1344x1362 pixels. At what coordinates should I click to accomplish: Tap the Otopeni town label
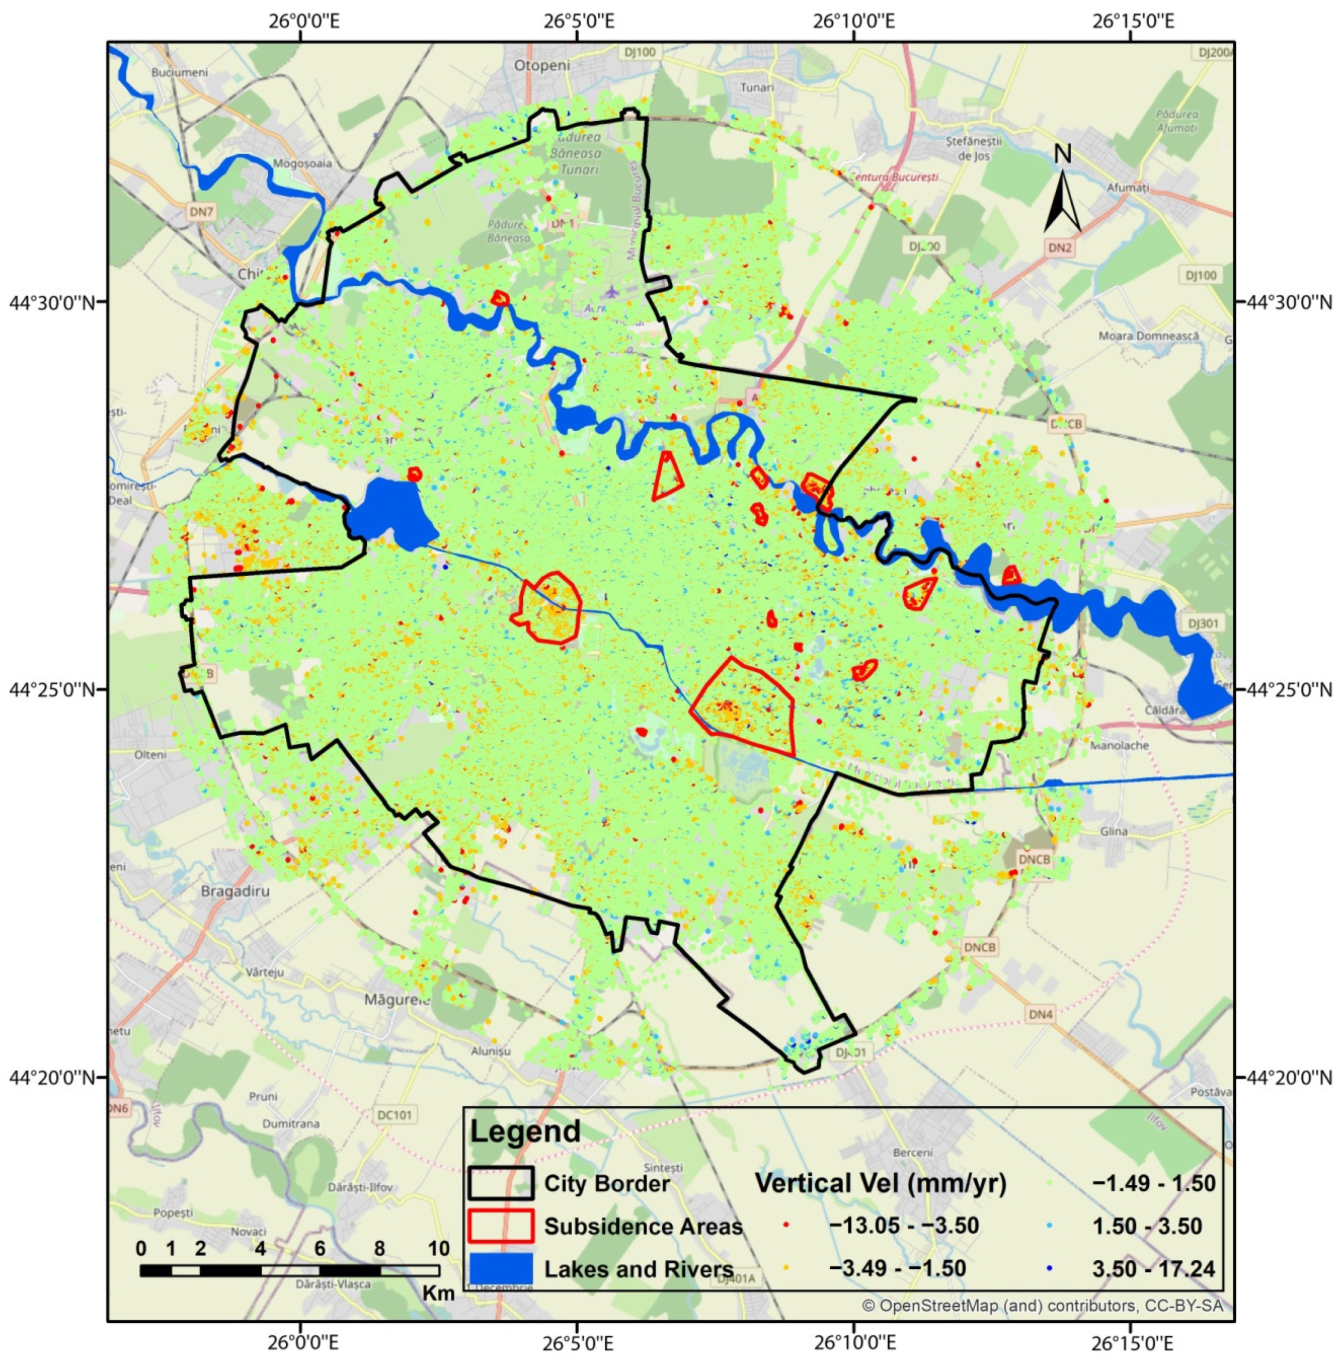tap(542, 66)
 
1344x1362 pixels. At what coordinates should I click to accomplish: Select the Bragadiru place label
tap(235, 891)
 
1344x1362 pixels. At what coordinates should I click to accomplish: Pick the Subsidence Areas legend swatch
tap(500, 1226)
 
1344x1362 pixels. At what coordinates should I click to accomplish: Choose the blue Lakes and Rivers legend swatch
tap(500, 1269)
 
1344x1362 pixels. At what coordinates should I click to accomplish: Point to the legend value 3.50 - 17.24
tap(1153, 1269)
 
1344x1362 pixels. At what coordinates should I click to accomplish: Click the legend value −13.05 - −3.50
tap(904, 1226)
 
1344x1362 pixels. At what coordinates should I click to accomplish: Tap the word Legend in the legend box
tap(525, 1131)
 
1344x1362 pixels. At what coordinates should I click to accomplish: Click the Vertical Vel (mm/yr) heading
tap(880, 1183)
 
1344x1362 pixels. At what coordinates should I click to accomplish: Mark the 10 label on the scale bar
tap(438, 1248)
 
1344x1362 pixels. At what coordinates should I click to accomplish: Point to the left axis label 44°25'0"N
tap(52, 689)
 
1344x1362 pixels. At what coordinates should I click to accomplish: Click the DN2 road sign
tap(1059, 248)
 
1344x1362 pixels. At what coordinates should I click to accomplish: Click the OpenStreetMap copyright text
tap(1042, 1306)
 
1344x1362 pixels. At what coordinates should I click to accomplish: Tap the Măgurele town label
tap(397, 1000)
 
